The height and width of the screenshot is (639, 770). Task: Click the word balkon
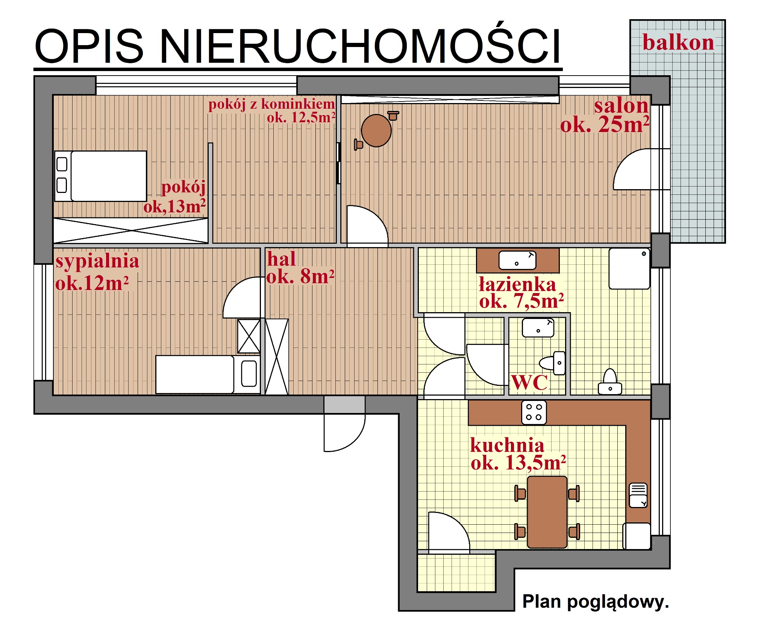678,42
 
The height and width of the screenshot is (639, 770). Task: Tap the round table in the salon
376,131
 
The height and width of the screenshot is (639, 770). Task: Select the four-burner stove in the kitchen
534,412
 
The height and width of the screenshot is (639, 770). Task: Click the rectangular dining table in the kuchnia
547,512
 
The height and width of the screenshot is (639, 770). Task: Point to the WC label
530,383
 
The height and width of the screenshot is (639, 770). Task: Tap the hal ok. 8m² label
300,268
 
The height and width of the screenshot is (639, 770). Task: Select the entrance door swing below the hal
344,433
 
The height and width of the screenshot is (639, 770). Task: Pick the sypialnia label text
97,261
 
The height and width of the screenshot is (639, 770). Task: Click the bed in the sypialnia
207,374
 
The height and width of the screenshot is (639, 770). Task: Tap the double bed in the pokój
101,176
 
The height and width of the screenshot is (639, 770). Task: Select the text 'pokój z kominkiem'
271,104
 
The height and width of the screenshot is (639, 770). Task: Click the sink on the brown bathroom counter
517,260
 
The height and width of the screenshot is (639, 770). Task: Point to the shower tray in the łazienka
629,268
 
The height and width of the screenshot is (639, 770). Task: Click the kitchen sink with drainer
638,495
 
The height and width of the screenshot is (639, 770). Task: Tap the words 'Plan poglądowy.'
596,602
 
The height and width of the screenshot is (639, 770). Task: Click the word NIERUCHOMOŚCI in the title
360,47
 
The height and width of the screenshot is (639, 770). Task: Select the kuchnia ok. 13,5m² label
518,454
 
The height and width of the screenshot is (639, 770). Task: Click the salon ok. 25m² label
605,115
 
